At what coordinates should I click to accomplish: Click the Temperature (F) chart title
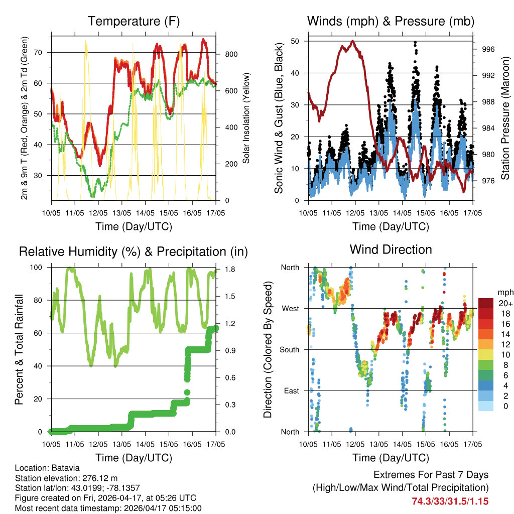coord(134,21)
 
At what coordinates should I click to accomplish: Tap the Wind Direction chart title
coord(391,249)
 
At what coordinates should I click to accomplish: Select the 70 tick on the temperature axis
coord(44,52)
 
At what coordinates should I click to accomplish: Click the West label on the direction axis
coord(290,308)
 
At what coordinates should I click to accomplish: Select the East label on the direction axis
coord(290,391)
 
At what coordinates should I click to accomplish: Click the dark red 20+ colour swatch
coord(486,303)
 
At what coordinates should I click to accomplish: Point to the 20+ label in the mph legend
coord(504,303)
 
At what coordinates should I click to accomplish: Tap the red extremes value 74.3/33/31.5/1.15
coord(450,501)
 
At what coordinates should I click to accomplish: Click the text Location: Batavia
coord(47,468)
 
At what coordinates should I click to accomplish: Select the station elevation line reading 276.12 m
coord(66,478)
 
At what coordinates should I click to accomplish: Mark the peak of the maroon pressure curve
coord(353,41)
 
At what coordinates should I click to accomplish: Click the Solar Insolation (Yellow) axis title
coord(246,118)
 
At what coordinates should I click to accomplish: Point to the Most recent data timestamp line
coord(108,508)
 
